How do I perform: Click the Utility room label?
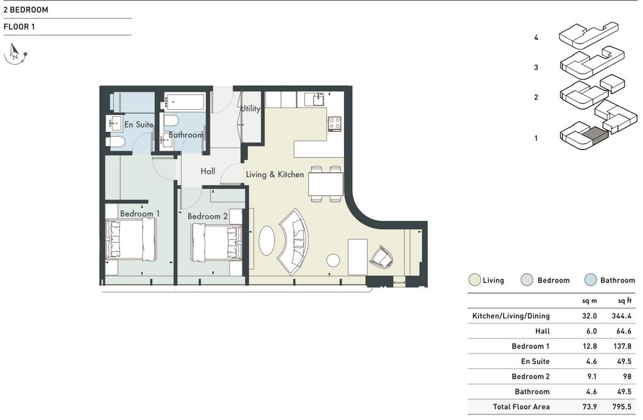(250, 109)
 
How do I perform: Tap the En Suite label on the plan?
(139, 124)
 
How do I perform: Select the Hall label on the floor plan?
(208, 171)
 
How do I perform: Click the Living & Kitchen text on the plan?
(275, 175)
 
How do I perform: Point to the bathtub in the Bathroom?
(185, 102)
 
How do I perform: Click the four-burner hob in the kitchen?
(334, 124)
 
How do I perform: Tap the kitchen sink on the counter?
(318, 99)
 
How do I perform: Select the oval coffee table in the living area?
(266, 240)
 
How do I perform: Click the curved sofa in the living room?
(293, 242)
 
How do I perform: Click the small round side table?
(333, 260)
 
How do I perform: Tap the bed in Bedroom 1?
(131, 239)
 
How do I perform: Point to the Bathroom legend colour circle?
(590, 280)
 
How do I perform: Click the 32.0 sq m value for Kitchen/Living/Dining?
(590, 316)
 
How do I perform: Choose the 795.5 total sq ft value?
(622, 407)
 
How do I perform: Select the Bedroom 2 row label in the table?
(530, 377)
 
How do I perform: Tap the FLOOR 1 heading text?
(19, 26)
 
